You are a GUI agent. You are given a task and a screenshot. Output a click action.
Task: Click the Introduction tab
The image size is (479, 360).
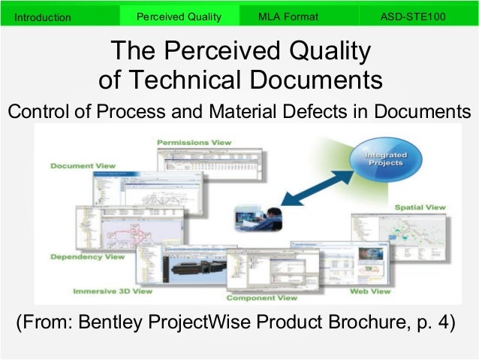44,17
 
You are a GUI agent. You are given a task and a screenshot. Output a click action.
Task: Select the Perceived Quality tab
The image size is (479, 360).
179,16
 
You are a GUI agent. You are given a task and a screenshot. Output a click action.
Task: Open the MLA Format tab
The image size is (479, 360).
288,16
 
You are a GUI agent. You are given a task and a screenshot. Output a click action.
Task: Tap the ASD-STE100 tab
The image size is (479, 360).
412,16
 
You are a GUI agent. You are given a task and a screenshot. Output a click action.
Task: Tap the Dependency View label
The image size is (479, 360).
87,256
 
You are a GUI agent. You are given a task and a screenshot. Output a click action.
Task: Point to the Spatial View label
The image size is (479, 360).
420,207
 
